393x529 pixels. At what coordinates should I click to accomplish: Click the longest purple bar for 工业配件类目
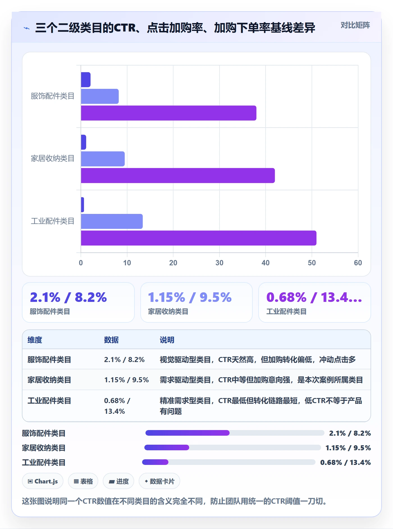point(198,238)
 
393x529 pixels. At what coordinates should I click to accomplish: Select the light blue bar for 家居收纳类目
point(103,159)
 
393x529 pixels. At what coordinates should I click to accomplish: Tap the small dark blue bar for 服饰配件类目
point(86,80)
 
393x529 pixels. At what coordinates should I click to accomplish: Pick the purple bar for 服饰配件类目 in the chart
point(168,113)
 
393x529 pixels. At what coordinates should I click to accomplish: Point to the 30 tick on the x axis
point(219,263)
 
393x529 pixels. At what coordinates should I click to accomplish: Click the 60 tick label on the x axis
point(358,263)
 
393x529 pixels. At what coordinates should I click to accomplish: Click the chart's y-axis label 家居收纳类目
point(52,159)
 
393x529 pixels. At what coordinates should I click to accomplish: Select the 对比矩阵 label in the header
point(355,25)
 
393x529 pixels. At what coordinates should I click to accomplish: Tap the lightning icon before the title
point(27,28)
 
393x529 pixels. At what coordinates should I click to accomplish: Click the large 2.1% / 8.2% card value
point(68,297)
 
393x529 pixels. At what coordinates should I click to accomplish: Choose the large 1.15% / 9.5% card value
point(190,297)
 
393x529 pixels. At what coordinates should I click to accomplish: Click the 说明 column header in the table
point(167,340)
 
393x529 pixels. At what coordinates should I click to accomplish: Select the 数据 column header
point(111,340)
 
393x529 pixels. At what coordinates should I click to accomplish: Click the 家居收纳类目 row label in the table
point(49,380)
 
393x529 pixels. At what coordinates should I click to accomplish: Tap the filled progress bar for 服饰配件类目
point(187,433)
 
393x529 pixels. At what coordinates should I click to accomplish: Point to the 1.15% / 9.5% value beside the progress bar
point(348,448)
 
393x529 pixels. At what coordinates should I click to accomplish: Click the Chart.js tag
point(43,481)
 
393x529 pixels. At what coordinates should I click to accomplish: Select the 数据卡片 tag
point(159,481)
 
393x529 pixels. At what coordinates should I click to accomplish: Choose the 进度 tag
point(118,481)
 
